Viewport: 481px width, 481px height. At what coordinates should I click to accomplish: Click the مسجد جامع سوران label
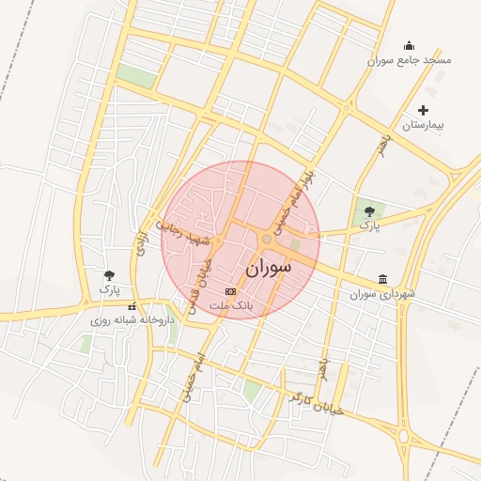coord(410,60)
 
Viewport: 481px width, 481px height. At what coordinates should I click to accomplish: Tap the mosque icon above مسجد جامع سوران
coord(409,45)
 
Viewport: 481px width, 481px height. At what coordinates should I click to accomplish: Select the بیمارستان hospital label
coord(423,125)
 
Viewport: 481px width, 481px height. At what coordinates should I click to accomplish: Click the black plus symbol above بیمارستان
coord(423,110)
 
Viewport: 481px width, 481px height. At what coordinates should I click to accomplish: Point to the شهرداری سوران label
coord(382,294)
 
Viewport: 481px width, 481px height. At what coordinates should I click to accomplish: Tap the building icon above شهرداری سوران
coord(382,279)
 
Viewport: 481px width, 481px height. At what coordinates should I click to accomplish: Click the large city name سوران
coord(268,268)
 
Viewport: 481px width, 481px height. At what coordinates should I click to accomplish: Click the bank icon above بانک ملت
coord(230,292)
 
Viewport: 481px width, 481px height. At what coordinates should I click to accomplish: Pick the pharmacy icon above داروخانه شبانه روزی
coord(132,305)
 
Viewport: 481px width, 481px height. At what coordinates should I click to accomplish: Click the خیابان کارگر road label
coord(317,403)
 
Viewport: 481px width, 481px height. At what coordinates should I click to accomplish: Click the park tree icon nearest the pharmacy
coord(110,275)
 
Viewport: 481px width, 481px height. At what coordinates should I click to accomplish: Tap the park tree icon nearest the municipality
coord(370,212)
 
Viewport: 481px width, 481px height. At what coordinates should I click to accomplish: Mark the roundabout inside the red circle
coord(267,240)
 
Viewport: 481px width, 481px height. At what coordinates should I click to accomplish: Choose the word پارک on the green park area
coord(370,226)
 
